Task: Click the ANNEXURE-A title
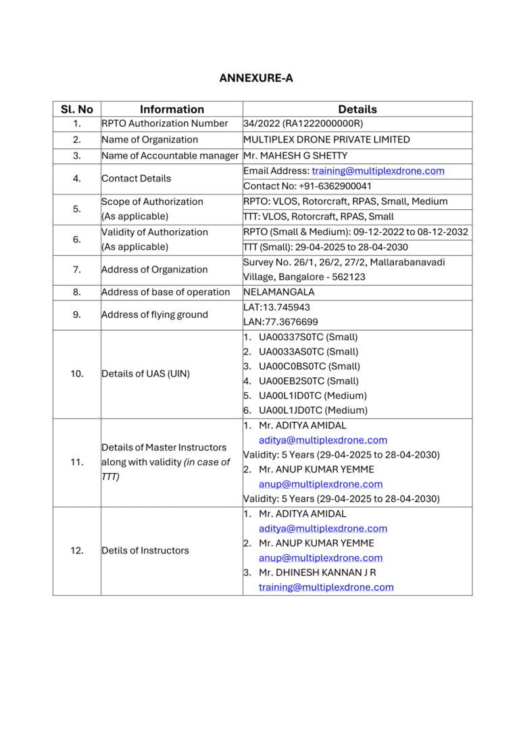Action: pyautogui.click(x=256, y=78)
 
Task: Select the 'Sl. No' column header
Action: pyautogui.click(x=77, y=109)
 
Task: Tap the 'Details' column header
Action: pyautogui.click(x=357, y=109)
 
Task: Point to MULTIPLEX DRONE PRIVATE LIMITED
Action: pyautogui.click(x=326, y=140)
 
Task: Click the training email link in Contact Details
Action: pyautogui.click(x=378, y=171)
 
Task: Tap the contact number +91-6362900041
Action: pyautogui.click(x=307, y=186)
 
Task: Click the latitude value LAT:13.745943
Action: pyautogui.click(x=277, y=307)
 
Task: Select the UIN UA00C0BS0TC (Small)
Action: pyautogui.click(x=309, y=366)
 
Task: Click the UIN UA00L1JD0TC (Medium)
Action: pyautogui.click(x=313, y=410)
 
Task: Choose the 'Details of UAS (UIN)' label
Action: pyautogui.click(x=145, y=373)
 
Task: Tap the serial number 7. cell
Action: pyautogui.click(x=77, y=269)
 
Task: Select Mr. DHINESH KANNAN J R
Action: pyautogui.click(x=318, y=572)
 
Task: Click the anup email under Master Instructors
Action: pyautogui.click(x=320, y=484)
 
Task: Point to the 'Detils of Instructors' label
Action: pyautogui.click(x=145, y=551)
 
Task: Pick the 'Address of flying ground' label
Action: pyautogui.click(x=155, y=315)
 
